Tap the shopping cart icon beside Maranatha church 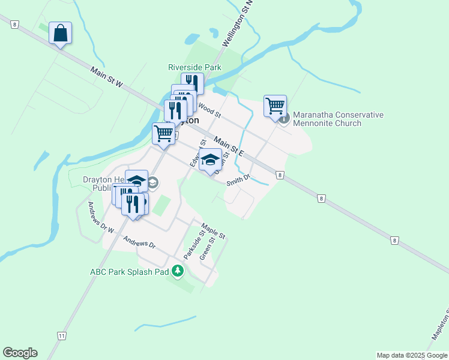(275, 106)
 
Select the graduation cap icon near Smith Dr (209, 160)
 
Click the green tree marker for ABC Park (177, 271)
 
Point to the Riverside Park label (195, 68)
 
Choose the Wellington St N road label (238, 24)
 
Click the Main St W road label (107, 77)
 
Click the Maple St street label (213, 230)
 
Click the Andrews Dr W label (101, 217)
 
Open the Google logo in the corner (20, 353)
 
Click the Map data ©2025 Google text (412, 355)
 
